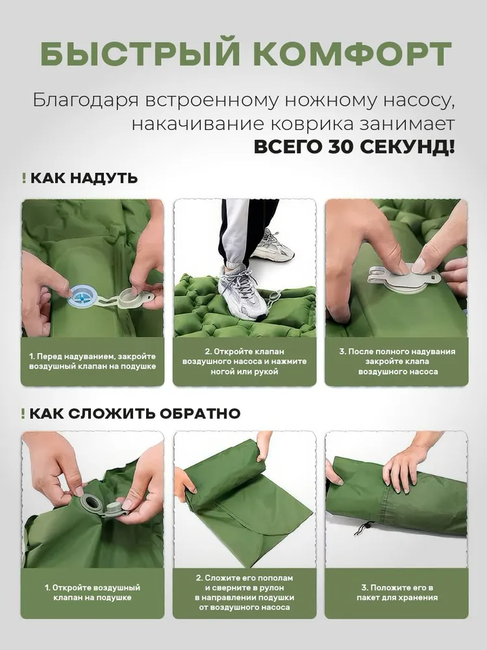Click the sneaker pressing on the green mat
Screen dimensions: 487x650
[x=243, y=294]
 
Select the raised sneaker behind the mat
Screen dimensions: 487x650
[x=273, y=244]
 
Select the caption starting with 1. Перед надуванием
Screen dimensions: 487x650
[x=92, y=361]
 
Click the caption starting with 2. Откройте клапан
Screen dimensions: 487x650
[x=244, y=361]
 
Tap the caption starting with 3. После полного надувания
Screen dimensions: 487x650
[x=397, y=361]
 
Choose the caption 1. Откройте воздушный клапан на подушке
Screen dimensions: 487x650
[x=92, y=592]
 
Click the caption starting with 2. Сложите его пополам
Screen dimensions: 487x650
[x=244, y=592]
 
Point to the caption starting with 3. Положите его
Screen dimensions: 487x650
[x=397, y=592]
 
